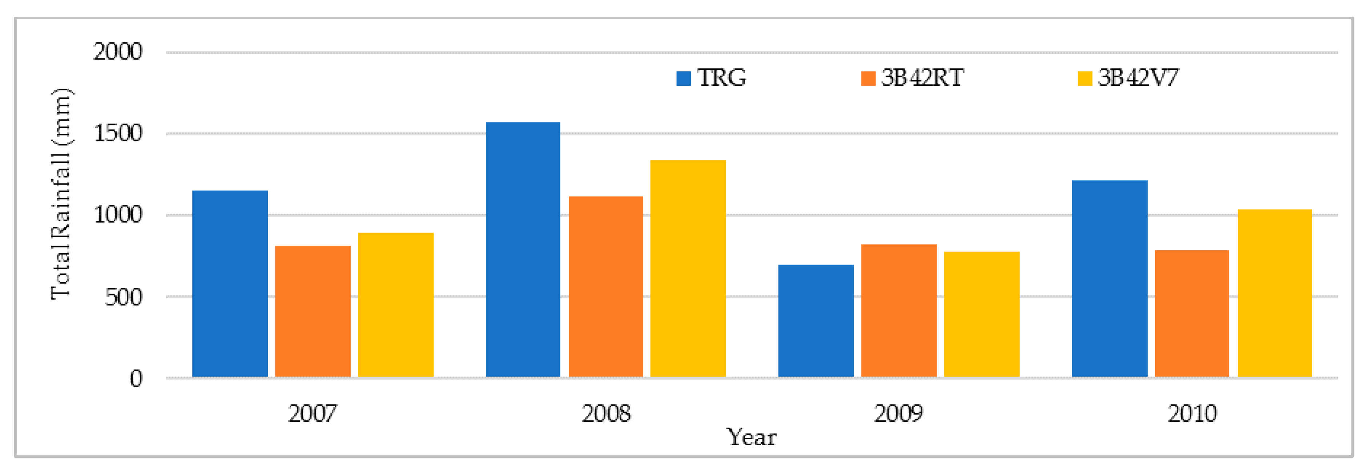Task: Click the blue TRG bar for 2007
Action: pos(230,284)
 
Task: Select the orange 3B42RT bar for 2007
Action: pos(313,312)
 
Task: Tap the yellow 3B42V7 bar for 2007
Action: pos(396,305)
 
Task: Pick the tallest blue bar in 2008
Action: pos(523,250)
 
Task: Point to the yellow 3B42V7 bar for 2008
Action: pos(688,269)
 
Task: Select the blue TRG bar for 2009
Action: pos(816,321)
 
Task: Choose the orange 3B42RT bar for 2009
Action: pos(898,311)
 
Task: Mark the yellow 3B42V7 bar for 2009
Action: pos(981,315)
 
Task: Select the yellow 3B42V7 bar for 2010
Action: pos(1275,294)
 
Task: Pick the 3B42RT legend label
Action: pos(922,78)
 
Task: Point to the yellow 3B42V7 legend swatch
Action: pos(1085,78)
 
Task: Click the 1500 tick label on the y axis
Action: pos(118,133)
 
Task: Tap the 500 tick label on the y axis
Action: pos(123,297)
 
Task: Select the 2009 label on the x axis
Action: pos(898,413)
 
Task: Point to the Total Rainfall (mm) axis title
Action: pos(61,194)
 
